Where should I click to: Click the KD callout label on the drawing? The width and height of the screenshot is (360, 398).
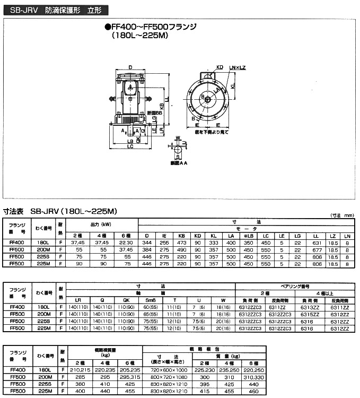pos(219,67)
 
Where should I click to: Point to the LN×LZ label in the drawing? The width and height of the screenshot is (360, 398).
pos(237,67)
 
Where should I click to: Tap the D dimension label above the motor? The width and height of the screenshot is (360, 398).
pos(130,67)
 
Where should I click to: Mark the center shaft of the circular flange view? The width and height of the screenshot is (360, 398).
pos(207,99)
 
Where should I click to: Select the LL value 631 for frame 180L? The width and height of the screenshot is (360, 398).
pos(318,242)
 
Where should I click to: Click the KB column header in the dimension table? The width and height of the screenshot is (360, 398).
pos(181,235)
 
